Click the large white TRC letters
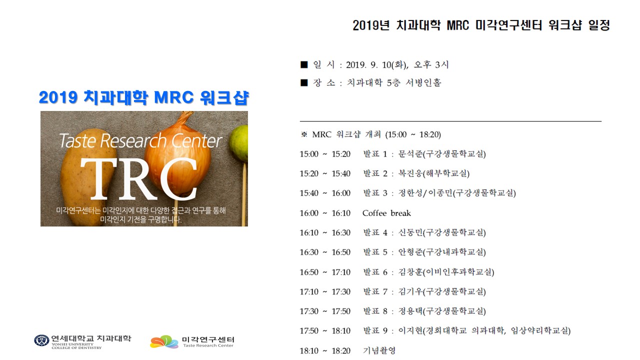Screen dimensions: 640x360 point(139,178)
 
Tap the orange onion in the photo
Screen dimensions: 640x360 point(177,155)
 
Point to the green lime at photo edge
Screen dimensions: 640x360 point(239,143)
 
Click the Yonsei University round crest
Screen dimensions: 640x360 point(41,340)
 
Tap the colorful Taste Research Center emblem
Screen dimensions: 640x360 point(164,341)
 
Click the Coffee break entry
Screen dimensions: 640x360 point(386,213)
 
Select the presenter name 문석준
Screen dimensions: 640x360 point(410,154)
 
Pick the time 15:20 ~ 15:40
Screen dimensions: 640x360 point(325,173)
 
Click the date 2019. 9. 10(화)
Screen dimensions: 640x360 point(377,65)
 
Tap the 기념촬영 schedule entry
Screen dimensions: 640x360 point(379,350)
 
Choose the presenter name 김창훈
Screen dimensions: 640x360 point(410,272)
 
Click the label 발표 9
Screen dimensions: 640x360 point(375,331)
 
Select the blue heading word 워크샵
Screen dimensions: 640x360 point(224,97)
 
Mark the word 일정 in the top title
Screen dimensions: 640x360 point(599,25)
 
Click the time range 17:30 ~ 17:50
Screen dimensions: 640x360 point(325,311)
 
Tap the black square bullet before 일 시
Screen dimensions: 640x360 point(304,64)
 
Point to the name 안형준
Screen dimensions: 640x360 point(410,252)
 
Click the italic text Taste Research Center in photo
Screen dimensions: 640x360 point(140,140)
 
